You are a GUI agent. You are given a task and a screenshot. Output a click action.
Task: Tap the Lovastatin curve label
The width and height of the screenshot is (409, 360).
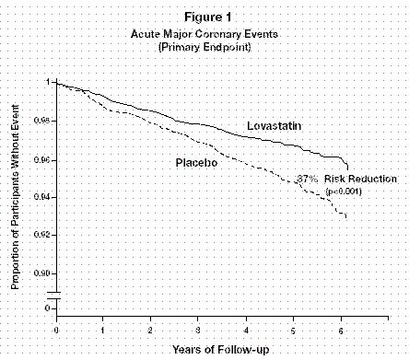[x=276, y=123]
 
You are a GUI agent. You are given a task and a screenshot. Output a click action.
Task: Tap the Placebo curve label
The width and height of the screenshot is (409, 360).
[x=196, y=162]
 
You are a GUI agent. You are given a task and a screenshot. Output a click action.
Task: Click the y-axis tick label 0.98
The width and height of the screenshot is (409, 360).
[x=43, y=121]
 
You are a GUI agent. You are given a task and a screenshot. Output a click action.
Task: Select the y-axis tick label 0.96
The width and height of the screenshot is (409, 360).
[x=43, y=159]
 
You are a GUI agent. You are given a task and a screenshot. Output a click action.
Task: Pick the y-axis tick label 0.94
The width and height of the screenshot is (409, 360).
[x=43, y=197]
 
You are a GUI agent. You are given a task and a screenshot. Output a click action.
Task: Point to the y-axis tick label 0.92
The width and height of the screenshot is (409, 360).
[x=43, y=235]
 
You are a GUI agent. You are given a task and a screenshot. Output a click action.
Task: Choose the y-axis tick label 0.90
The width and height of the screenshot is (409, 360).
[x=43, y=273]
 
